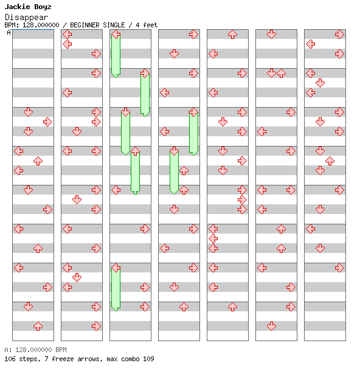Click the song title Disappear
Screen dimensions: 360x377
[27, 17]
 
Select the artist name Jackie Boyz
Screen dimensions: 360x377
[28, 7]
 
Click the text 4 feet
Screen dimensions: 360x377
[147, 25]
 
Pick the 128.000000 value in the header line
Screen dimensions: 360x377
[41, 25]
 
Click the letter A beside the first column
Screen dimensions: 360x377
[9, 32]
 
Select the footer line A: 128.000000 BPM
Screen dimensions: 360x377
[36, 350]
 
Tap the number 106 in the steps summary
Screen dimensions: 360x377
[10, 359]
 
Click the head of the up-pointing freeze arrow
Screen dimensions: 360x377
[136, 151]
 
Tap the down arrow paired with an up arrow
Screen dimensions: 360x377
[271, 73]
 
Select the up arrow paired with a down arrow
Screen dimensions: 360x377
[281, 73]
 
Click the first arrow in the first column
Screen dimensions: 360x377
[29, 112]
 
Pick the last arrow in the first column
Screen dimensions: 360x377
[38, 327]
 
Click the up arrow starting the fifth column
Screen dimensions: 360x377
[232, 35]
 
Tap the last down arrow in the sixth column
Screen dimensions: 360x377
[271, 327]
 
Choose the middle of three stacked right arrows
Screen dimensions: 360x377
[242, 200]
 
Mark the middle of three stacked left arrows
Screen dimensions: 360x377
[213, 239]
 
